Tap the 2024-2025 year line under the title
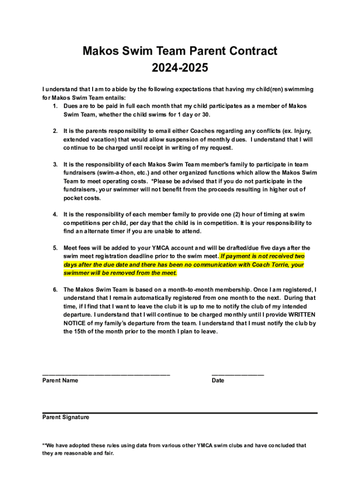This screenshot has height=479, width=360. point(180,68)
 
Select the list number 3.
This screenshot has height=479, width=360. point(55,165)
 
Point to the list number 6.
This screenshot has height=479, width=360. point(55,290)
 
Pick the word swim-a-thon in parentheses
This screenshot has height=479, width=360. point(113,173)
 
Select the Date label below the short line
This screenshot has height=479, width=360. point(218,381)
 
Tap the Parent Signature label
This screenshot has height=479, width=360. point(65,417)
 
